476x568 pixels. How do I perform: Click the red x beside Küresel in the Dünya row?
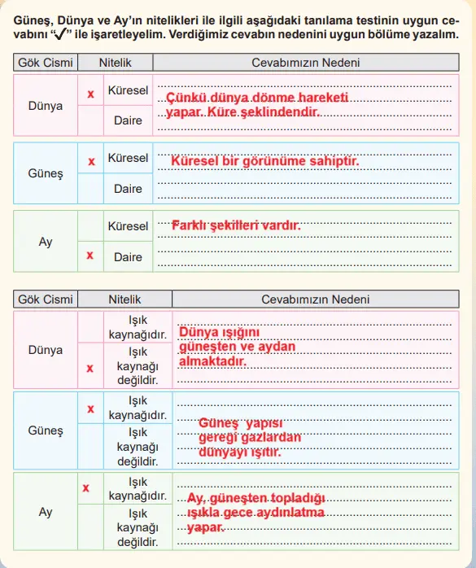[91, 94]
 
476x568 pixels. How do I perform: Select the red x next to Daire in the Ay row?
[90, 256]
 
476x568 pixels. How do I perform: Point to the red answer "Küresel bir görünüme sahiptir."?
[265, 161]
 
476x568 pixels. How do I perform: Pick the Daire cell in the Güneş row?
[128, 189]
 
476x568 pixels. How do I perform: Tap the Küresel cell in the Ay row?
[128, 225]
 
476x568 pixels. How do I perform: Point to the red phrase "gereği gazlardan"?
[250, 438]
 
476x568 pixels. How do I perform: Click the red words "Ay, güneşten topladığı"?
[256, 498]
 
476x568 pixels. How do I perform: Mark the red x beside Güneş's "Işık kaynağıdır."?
[90, 409]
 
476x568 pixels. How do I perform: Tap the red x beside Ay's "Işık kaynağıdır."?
[85, 488]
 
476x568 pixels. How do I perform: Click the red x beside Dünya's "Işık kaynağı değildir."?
[90, 368]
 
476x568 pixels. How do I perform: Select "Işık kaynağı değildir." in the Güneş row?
[138, 447]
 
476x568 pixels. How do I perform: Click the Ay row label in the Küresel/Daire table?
[46, 242]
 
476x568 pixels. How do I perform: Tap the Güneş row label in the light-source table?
[46, 430]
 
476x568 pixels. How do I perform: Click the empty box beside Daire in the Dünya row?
[90, 120]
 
